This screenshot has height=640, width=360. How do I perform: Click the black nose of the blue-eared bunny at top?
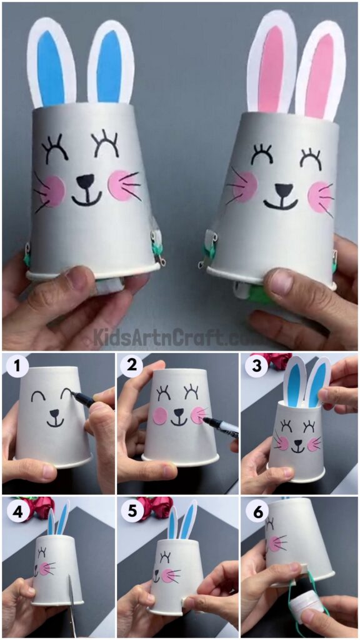coord(85,181)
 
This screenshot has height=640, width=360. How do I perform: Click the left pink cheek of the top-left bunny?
coord(53,191)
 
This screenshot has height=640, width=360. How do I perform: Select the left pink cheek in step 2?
coord(161,416)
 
